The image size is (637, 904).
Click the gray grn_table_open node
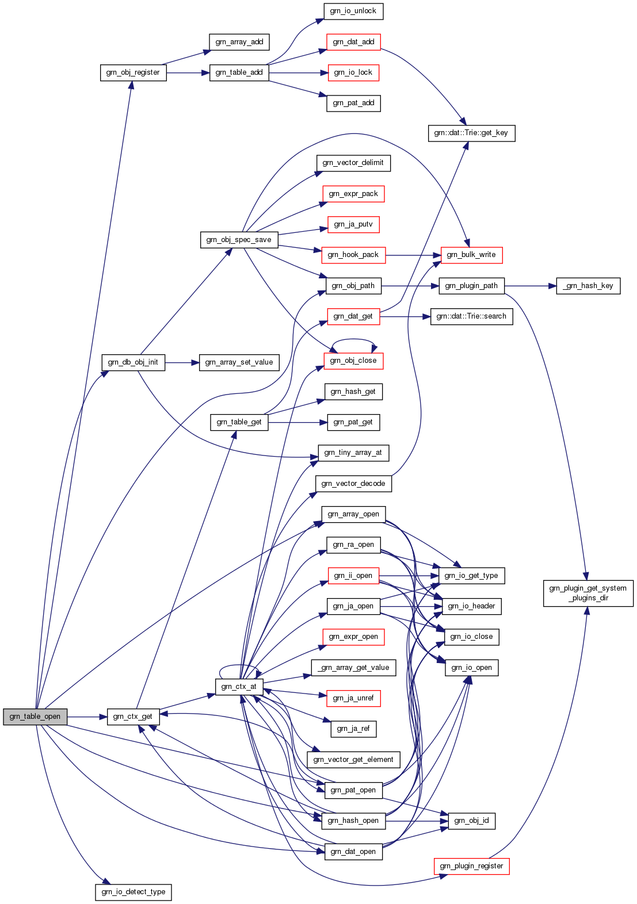click(35, 717)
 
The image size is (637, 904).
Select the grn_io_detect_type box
click(133, 892)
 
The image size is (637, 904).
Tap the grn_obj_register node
click(133, 72)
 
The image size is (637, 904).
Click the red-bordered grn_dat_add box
click(353, 42)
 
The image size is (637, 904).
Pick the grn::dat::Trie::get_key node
click(471, 133)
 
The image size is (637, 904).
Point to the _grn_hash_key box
click(588, 286)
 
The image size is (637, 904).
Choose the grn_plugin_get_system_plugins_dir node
click(588, 593)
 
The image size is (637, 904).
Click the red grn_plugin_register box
click(471, 866)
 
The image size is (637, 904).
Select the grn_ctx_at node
click(239, 687)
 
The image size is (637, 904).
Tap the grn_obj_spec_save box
click(239, 240)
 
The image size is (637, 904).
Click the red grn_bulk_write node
click(471, 255)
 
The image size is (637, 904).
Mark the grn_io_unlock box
click(353, 11)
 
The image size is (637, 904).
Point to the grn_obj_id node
click(471, 821)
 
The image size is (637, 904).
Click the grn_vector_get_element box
click(353, 760)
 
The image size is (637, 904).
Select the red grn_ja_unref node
click(353, 698)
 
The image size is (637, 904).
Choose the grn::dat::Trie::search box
click(471, 316)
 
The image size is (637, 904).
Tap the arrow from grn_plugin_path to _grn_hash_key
click(530, 286)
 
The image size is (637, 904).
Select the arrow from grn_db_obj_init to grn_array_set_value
click(182, 363)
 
